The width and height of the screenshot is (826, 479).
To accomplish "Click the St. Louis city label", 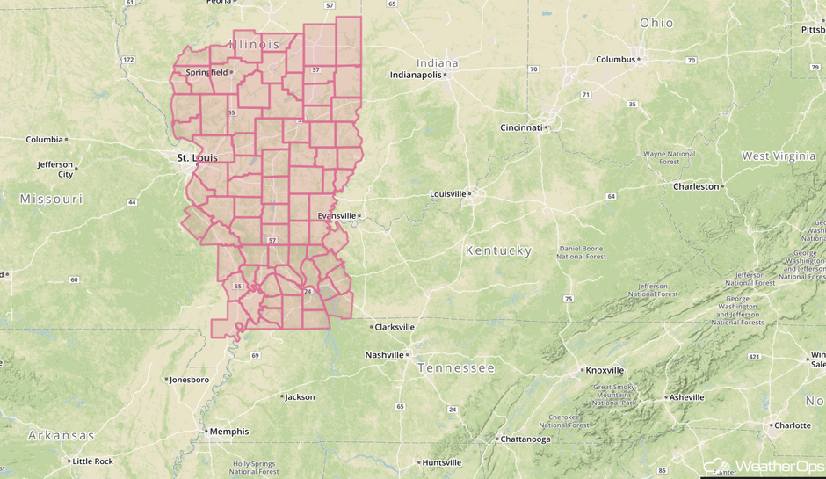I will [x=197, y=158].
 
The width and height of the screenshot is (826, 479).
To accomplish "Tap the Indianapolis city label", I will [x=416, y=75].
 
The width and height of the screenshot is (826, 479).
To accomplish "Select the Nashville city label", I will [x=385, y=355].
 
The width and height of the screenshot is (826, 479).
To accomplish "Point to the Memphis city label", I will [x=228, y=432].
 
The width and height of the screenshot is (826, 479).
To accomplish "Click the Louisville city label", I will [x=448, y=194].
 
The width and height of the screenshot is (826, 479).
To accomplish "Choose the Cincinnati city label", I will [x=522, y=127].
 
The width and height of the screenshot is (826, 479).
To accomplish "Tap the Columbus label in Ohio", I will [x=615, y=60].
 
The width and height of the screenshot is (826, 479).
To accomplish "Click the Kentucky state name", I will [x=498, y=250].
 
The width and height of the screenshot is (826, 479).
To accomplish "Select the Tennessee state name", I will [x=456, y=367].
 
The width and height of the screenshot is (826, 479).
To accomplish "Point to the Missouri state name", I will [x=51, y=200].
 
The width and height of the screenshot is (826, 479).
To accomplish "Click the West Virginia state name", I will [x=779, y=156].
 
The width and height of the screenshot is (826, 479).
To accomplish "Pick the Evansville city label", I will [x=337, y=215].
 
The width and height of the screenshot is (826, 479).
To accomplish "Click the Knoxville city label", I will [x=605, y=370].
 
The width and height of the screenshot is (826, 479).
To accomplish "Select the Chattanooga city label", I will [x=525, y=439].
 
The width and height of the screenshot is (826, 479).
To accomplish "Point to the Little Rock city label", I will [x=92, y=461].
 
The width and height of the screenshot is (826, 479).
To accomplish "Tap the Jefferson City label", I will [x=55, y=169].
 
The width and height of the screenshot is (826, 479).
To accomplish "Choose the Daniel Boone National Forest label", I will [x=582, y=252].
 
